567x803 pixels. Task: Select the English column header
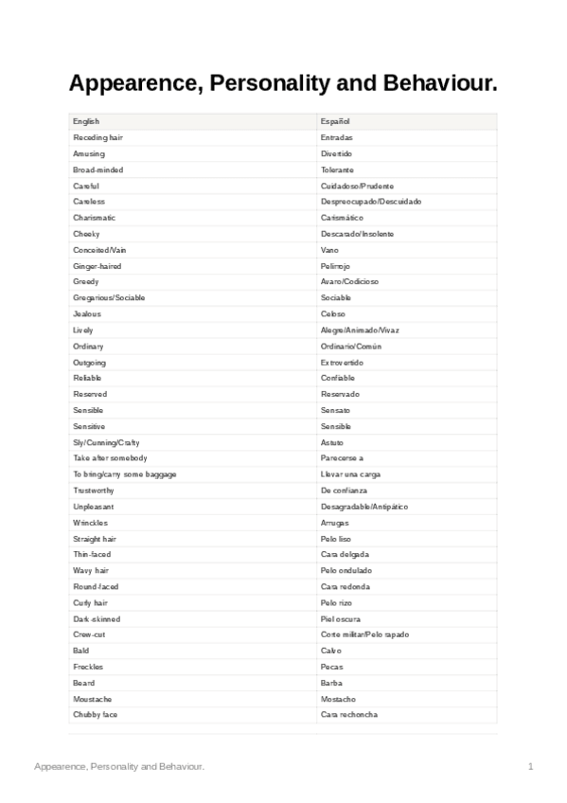coord(86,121)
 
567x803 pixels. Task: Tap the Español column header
coord(335,121)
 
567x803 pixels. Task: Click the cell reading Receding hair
coord(97,137)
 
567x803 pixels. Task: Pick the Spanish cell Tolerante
coord(336,170)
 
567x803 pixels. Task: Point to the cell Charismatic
coord(94,218)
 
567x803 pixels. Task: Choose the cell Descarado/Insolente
coord(357,234)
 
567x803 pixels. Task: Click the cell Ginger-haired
coord(97,266)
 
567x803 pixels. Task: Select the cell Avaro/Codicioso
coord(349,282)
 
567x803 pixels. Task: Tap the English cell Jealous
coord(87,314)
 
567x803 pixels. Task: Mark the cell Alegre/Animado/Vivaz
coord(360,330)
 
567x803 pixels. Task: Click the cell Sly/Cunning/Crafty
coord(106,442)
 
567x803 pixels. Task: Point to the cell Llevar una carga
coord(350,474)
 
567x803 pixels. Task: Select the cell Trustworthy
coord(94,491)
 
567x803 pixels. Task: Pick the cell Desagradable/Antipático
coord(364,507)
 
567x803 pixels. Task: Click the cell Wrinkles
coord(90,523)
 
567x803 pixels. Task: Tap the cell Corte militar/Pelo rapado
coord(365,634)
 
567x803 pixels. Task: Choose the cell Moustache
coord(92,699)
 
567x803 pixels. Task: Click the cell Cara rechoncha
coord(348,715)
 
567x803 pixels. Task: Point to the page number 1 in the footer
coord(531,765)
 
